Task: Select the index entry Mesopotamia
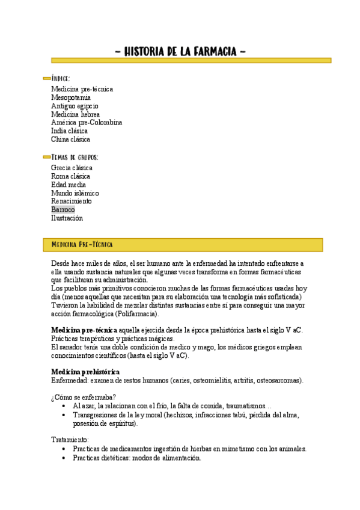click(71, 97)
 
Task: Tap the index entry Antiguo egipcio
click(75, 106)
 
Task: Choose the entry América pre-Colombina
click(87, 123)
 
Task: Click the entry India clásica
click(69, 131)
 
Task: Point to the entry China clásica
click(70, 140)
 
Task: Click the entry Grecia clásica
click(72, 168)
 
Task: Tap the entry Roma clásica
click(70, 176)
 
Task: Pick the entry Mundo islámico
click(75, 193)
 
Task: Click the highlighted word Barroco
click(63, 210)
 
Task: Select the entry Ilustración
click(67, 218)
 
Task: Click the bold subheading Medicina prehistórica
click(85, 372)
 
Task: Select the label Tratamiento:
click(70, 440)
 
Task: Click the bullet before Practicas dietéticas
click(64, 458)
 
